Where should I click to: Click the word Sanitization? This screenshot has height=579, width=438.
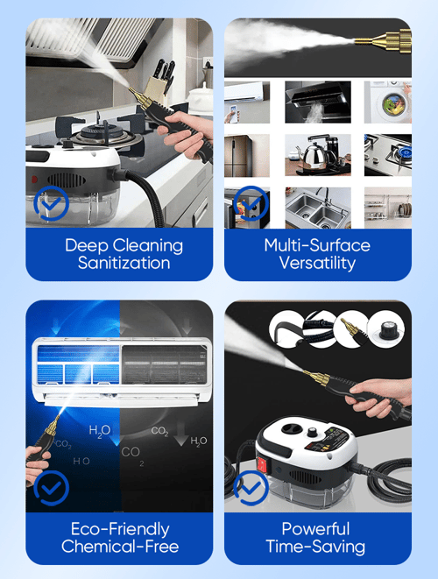pyautogui.click(x=124, y=263)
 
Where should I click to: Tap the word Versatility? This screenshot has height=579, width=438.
pyautogui.click(x=317, y=263)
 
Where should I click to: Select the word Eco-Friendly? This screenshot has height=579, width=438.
pyautogui.click(x=120, y=529)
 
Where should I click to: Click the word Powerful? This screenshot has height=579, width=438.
pyautogui.click(x=315, y=529)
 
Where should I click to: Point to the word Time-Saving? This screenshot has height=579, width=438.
pyautogui.click(x=315, y=547)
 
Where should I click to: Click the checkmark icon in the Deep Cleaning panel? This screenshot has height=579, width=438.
pyautogui.click(x=52, y=203)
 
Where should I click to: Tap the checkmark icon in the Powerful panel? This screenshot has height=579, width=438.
pyautogui.click(x=251, y=488)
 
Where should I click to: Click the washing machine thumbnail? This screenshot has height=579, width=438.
pyautogui.click(x=388, y=102)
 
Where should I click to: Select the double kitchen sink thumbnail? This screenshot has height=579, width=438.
pyautogui.click(x=318, y=208)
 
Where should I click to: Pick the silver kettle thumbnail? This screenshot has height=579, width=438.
pyautogui.click(x=318, y=155)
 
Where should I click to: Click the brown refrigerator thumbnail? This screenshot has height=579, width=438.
pyautogui.click(x=247, y=155)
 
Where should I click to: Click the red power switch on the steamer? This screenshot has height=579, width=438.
pyautogui.click(x=262, y=464)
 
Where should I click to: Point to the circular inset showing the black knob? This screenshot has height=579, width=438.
pyautogui.click(x=386, y=329)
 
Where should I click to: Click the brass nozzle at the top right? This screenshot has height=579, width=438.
pyautogui.click(x=384, y=40)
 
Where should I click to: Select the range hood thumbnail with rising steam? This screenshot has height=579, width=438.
pyautogui.click(x=318, y=102)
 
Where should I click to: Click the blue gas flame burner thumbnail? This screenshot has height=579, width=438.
pyautogui.click(x=388, y=155)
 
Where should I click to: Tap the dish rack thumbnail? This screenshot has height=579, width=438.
pyautogui.click(x=388, y=208)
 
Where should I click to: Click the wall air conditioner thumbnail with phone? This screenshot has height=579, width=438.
pyautogui.click(x=247, y=102)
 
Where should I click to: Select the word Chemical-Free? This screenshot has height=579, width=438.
pyautogui.click(x=120, y=547)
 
